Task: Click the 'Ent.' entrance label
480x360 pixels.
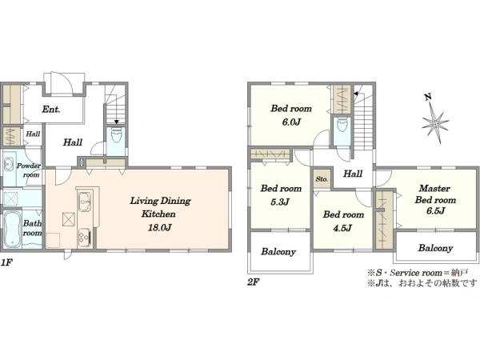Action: (x=51, y=110)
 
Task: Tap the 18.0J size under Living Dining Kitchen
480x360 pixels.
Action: (x=159, y=228)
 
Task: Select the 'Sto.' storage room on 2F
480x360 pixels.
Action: (x=322, y=179)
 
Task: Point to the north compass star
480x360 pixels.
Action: (x=435, y=122)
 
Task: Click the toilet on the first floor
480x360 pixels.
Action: (x=116, y=136)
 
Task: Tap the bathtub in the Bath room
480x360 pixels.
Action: (x=12, y=228)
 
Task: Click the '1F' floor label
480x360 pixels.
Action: (x=6, y=262)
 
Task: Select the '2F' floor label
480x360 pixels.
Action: (x=254, y=282)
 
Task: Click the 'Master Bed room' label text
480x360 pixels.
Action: (x=435, y=194)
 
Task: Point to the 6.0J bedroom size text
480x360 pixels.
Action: (x=290, y=122)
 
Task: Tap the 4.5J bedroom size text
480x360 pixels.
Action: (x=342, y=228)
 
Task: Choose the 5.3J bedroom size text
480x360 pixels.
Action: (x=280, y=202)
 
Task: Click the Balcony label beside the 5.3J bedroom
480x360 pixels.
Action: (x=278, y=252)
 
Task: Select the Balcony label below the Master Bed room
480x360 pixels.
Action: (x=435, y=248)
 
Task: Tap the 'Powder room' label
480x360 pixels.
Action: (x=29, y=170)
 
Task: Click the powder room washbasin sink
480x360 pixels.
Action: (x=8, y=165)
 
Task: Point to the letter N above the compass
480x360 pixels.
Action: (x=428, y=98)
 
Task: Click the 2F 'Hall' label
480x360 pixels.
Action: (x=353, y=174)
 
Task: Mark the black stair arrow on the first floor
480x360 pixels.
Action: (x=116, y=122)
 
